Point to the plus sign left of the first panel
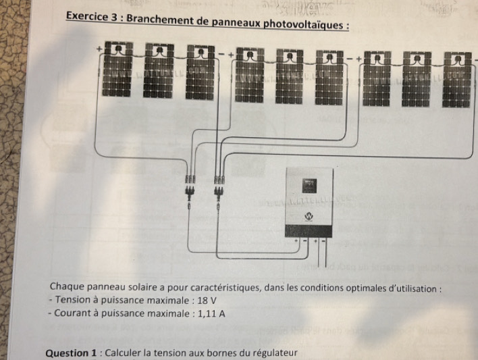(x=98, y=49)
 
